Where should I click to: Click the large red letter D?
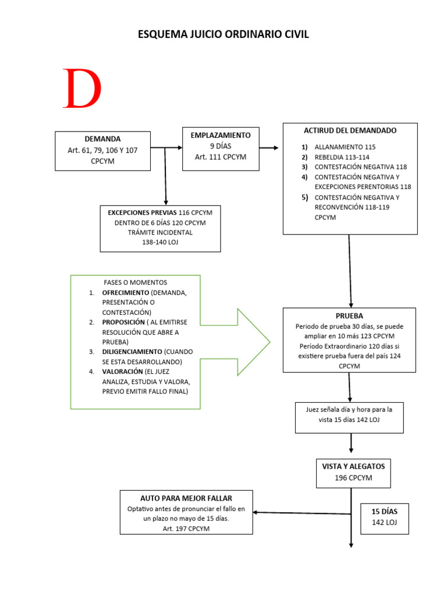83,90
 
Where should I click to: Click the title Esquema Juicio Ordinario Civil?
223,35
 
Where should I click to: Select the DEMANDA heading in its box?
102,139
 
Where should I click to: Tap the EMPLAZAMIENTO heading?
220,135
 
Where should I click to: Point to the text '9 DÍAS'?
220,146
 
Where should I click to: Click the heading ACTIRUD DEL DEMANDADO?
350,130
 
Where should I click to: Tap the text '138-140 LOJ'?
160,242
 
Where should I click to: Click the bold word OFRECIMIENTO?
125,293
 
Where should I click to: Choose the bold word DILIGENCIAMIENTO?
132,352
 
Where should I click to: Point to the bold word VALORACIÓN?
123,372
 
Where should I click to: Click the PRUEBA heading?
349,316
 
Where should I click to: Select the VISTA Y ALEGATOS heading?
353,467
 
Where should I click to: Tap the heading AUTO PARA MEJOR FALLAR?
186,499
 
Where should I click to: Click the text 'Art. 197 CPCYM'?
186,528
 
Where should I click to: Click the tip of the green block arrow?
269,342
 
